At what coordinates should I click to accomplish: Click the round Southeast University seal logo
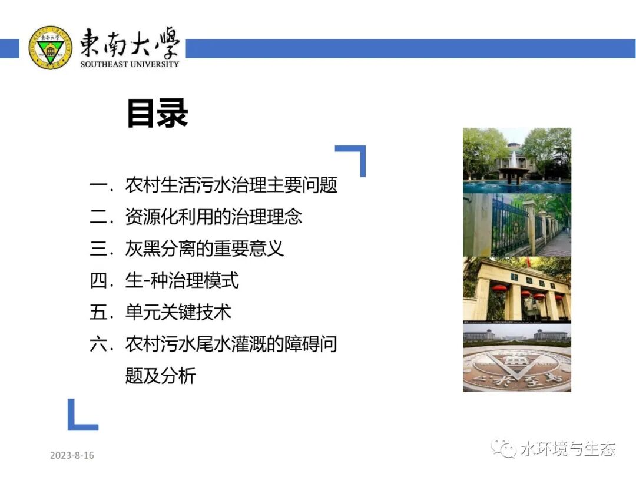click(50, 48)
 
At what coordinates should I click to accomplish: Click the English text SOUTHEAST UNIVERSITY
click(130, 64)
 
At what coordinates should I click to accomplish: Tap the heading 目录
click(157, 114)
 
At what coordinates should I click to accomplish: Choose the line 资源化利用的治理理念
click(213, 217)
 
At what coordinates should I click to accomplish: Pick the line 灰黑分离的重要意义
click(204, 249)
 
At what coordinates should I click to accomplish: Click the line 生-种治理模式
click(182, 280)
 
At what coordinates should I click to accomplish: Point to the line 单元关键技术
click(178, 312)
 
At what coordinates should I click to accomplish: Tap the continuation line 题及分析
click(160, 376)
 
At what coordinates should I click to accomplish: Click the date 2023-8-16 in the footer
click(72, 455)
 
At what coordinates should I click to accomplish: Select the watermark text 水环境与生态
click(568, 449)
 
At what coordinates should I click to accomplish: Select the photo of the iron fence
click(516, 225)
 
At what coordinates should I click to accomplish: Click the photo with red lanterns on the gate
click(516, 289)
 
